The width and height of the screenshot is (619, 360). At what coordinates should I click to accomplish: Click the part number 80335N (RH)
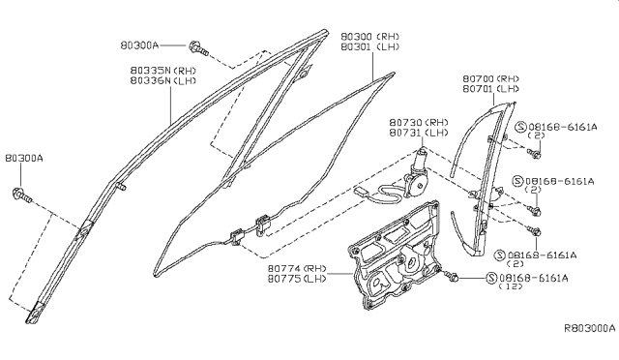[165, 71]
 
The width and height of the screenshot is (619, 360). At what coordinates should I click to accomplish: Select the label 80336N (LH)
[165, 82]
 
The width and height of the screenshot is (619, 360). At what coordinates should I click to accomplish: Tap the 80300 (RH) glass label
[376, 36]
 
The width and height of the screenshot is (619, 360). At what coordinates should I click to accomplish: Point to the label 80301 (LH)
[376, 46]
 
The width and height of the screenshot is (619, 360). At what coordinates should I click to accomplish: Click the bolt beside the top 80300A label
[197, 45]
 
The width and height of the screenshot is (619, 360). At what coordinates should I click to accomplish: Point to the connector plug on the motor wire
[361, 194]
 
